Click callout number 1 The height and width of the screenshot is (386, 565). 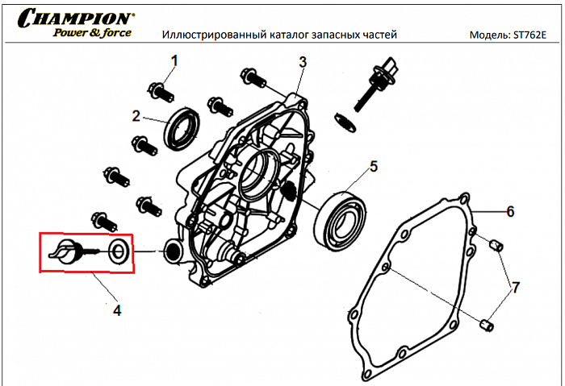pyautogui.click(x=174, y=60)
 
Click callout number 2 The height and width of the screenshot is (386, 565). pyautogui.click(x=137, y=115)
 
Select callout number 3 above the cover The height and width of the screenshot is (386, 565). pyautogui.click(x=302, y=62)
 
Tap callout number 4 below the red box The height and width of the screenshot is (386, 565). pyautogui.click(x=117, y=309)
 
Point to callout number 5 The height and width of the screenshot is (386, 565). pyautogui.click(x=374, y=167)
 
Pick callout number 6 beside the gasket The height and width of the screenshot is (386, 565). pyautogui.click(x=509, y=212)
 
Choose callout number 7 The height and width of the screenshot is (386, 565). pyautogui.click(x=517, y=287)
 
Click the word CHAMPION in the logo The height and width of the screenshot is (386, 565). pyautogui.click(x=77, y=17)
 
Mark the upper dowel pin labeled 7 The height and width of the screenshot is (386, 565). pyautogui.click(x=498, y=244)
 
